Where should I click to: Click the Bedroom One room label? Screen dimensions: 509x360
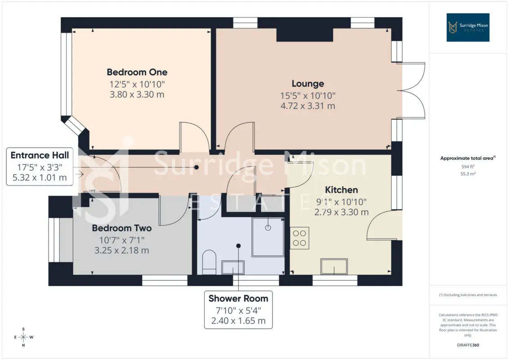coord(137,72)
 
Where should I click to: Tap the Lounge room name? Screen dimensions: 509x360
coord(308,84)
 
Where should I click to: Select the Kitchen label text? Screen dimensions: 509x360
coord(341,190)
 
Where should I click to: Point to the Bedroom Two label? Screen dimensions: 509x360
coord(122,228)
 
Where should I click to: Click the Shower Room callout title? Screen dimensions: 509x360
coord(238,298)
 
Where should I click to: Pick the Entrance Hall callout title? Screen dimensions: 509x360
coord(40,155)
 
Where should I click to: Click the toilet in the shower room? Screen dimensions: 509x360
coord(209,262)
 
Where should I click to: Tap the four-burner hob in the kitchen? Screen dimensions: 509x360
coord(299,238)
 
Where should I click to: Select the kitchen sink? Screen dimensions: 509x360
coord(334,266)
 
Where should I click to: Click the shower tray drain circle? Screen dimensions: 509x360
coord(268,228)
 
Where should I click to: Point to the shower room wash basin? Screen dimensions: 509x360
coord(233,267)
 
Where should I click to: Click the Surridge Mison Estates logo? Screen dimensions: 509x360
coord(468,27)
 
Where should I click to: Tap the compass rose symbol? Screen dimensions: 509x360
coord(23,337)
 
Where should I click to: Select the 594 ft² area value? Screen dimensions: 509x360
coord(468,166)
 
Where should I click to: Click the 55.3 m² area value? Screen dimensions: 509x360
coord(468,174)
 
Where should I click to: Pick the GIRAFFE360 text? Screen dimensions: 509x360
coord(468,345)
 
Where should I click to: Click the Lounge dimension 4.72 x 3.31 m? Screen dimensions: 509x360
coord(308,106)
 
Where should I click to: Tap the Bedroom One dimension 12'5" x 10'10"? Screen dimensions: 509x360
coord(137,85)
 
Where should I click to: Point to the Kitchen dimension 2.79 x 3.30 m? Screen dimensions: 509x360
coord(341,212)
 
